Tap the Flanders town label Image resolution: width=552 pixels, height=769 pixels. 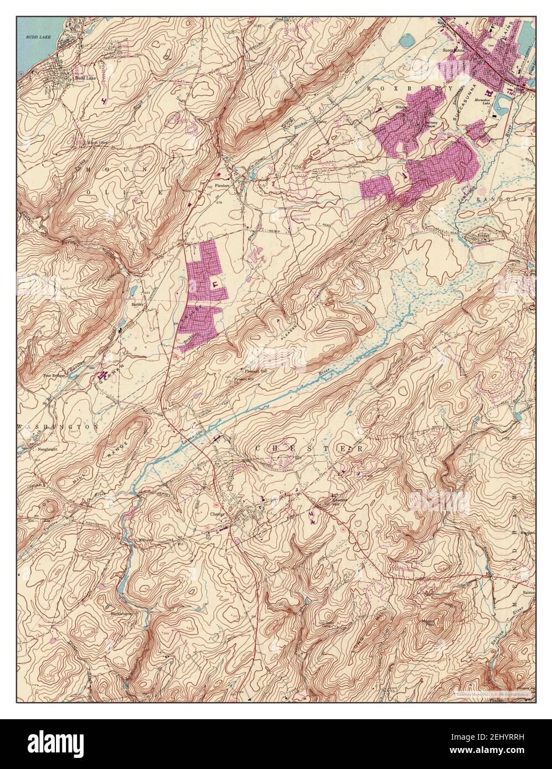(222, 186)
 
